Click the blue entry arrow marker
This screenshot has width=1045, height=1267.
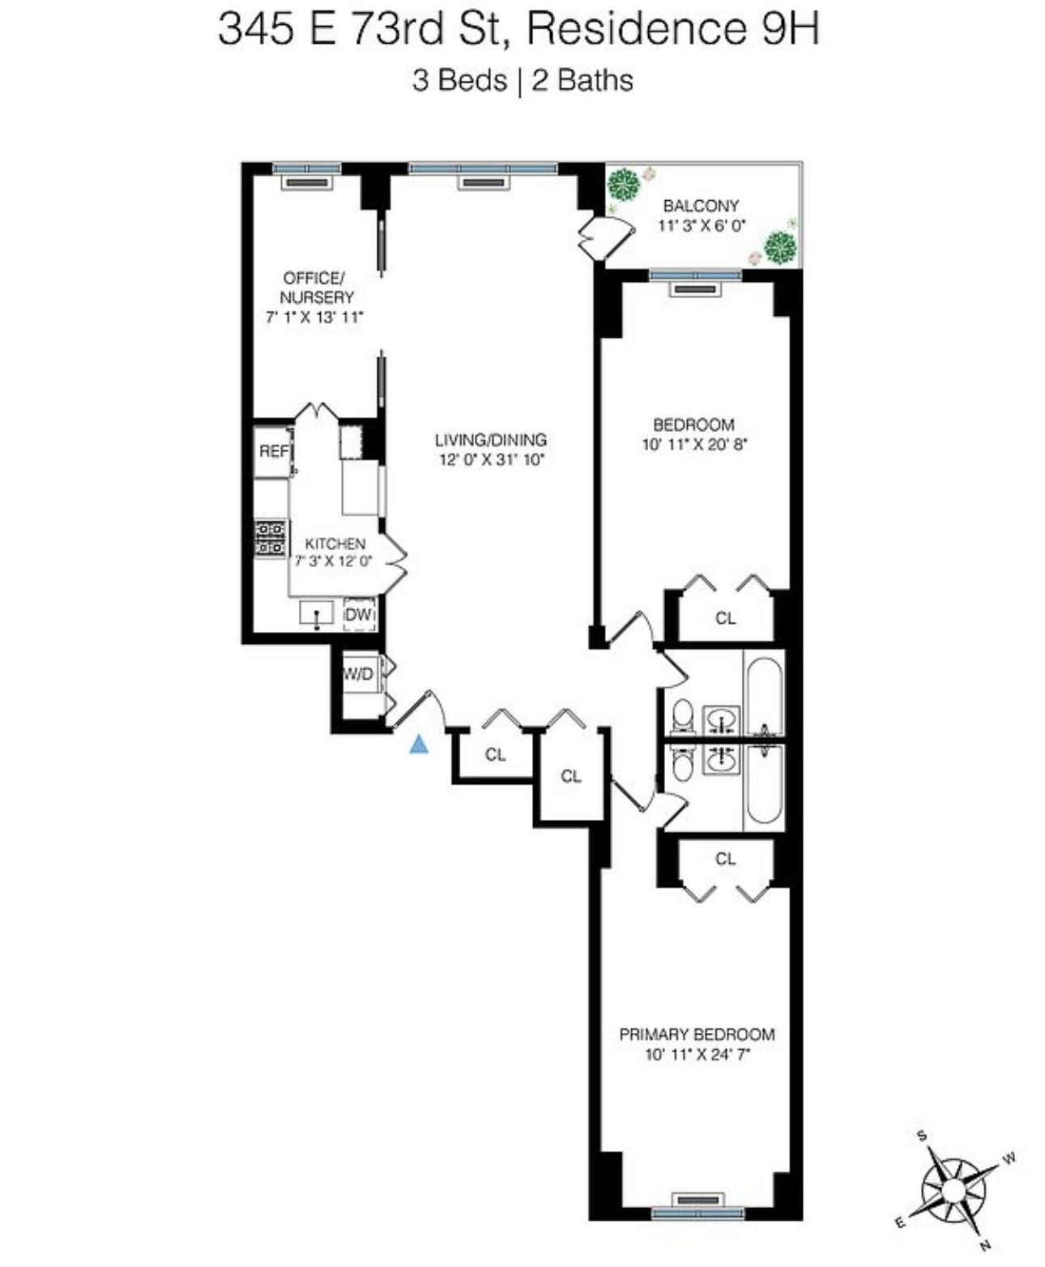click(419, 744)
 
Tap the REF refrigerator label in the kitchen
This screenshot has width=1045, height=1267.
click(273, 451)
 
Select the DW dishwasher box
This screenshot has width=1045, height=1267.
click(358, 615)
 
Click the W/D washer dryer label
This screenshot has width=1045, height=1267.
click(358, 674)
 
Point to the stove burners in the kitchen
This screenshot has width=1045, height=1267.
click(271, 538)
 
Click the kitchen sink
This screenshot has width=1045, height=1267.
click(317, 614)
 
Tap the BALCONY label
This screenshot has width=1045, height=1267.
click(701, 206)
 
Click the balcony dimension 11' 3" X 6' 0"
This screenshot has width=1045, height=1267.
click(701, 226)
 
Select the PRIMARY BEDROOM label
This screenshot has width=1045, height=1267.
click(697, 1035)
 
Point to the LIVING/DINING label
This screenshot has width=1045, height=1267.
click(491, 440)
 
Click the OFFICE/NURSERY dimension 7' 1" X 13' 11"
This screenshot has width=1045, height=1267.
click(315, 317)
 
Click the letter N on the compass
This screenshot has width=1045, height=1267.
click(985, 1245)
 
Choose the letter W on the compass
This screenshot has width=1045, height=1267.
click(1009, 1158)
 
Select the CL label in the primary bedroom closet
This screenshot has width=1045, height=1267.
click(725, 859)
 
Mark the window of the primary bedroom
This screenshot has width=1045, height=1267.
click(697, 1213)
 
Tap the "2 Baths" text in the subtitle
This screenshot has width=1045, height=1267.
click(582, 80)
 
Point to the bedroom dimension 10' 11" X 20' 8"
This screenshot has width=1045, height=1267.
click(693, 444)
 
